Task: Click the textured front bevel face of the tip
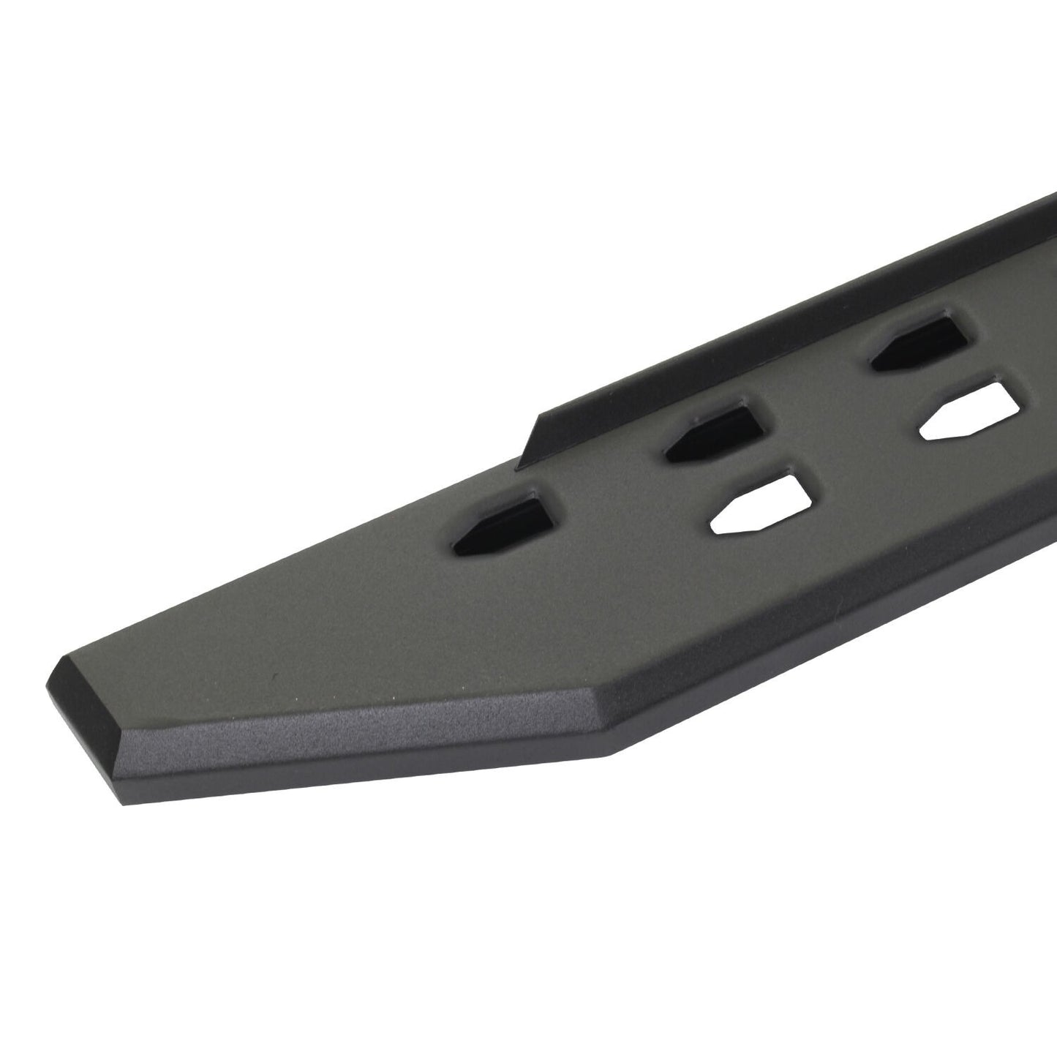tap(351, 713)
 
